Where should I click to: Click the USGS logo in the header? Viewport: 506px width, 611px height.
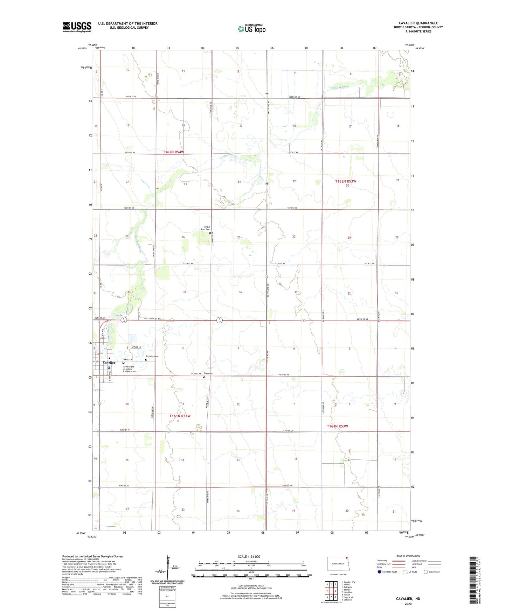pos(77,27)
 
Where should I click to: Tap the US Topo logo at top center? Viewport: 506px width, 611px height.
pos(251,28)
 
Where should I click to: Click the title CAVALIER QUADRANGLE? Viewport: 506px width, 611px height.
pos(418,23)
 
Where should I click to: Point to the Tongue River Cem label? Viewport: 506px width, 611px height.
pos(205,228)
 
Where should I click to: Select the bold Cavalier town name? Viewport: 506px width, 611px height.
pos(109,363)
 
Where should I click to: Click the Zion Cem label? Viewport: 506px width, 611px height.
pos(208,374)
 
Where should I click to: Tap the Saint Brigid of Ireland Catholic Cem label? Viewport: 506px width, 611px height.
pos(129,369)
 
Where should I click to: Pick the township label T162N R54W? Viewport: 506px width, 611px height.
pos(173,152)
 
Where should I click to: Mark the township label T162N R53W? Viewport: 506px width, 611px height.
pos(345,181)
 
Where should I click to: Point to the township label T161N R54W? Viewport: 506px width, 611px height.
pos(180,416)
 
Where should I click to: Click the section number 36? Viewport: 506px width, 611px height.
pos(240,292)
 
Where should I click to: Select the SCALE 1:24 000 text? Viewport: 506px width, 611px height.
pos(249,556)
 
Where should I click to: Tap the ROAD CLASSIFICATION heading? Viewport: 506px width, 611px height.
pos(408,556)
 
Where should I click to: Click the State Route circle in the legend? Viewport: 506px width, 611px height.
pos(426,572)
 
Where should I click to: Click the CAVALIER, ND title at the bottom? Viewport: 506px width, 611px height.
pos(408,599)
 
